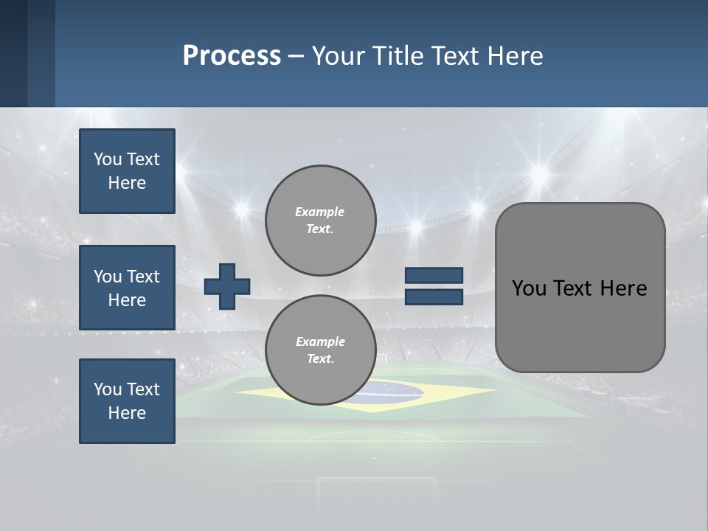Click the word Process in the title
(232, 56)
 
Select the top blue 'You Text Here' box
(127, 171)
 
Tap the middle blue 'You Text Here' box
(127, 288)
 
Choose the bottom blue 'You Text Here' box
(127, 401)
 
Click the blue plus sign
(226, 287)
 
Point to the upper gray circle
(320, 221)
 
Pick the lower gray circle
(320, 350)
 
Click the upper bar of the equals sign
(434, 276)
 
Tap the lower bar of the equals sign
(434, 297)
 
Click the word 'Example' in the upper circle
(320, 212)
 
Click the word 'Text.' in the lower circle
(320, 359)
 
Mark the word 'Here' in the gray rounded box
(623, 288)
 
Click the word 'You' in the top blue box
(108, 159)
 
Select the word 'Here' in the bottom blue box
(127, 413)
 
